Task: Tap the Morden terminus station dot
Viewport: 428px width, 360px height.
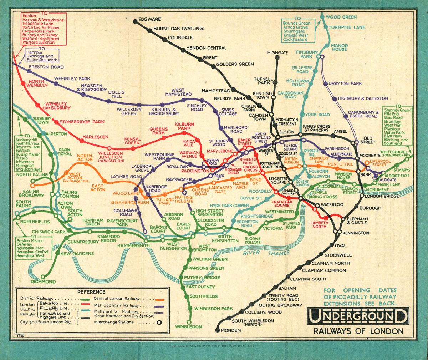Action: click(x=218, y=330)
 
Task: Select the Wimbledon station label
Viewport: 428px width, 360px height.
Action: click(x=189, y=326)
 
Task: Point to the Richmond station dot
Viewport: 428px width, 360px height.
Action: click(x=43, y=277)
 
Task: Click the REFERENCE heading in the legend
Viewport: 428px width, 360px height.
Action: click(x=91, y=292)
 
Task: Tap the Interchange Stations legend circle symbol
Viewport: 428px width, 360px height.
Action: click(x=159, y=322)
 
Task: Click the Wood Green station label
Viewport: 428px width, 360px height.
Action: click(x=341, y=17)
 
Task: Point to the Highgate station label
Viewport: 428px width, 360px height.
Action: click(x=278, y=53)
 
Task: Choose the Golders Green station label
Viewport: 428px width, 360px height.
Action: click(x=235, y=64)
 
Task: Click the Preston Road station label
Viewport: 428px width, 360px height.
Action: click(x=51, y=67)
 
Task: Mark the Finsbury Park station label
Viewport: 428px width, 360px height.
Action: click(x=309, y=54)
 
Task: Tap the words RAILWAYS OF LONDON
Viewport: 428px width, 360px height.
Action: click(x=358, y=331)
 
